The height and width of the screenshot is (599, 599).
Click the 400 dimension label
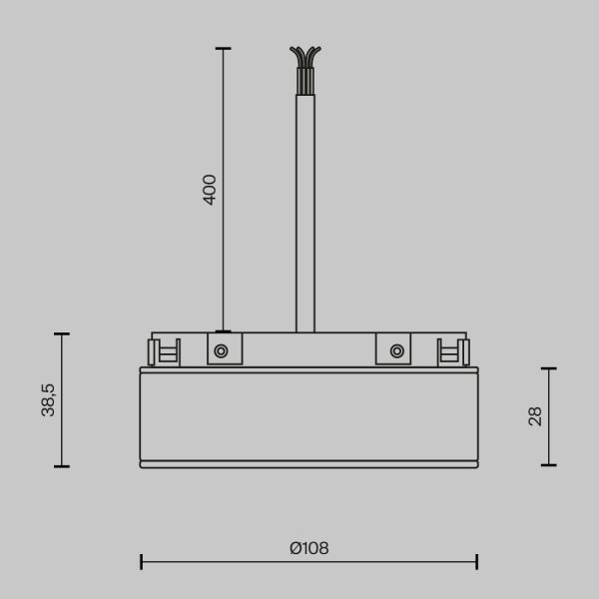tap(210, 189)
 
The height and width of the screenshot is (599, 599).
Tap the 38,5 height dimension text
tap(49, 399)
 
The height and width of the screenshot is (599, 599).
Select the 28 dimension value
tap(535, 416)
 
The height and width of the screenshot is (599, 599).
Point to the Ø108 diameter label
tap(308, 548)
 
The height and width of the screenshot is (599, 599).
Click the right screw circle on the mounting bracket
tap(397, 350)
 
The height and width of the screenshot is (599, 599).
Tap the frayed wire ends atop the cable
tap(305, 60)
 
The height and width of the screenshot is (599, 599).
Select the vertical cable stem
tap(305, 210)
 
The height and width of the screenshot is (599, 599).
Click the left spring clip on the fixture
tap(162, 351)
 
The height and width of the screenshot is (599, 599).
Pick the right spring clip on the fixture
tap(454, 351)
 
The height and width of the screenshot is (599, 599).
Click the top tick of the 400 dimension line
tap(223, 48)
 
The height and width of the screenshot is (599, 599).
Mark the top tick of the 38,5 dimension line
tap(62, 333)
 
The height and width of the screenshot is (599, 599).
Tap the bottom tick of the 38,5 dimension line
tap(62, 466)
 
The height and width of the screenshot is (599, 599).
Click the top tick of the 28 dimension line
tap(548, 368)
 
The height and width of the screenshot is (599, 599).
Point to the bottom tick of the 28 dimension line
tap(548, 464)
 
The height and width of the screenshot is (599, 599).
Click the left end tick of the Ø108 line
tap(141, 562)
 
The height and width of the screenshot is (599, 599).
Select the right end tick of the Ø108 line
tap(477, 562)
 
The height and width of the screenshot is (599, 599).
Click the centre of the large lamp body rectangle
tap(308, 414)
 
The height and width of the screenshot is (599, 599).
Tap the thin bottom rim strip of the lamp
tap(308, 464)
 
